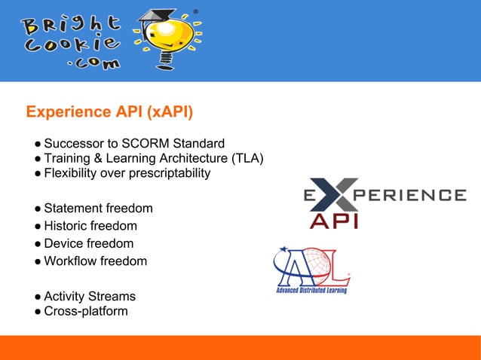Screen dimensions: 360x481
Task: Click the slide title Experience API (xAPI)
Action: (109, 112)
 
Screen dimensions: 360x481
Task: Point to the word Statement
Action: (71, 208)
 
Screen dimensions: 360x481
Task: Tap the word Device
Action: (63, 243)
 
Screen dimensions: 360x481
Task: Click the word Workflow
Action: (70, 261)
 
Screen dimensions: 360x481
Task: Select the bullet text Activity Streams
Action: (90, 296)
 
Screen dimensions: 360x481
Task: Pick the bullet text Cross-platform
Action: (85, 311)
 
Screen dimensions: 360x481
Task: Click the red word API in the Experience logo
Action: (334, 220)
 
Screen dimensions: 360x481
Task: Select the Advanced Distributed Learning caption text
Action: (311, 290)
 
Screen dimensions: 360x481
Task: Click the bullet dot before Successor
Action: (36, 144)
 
